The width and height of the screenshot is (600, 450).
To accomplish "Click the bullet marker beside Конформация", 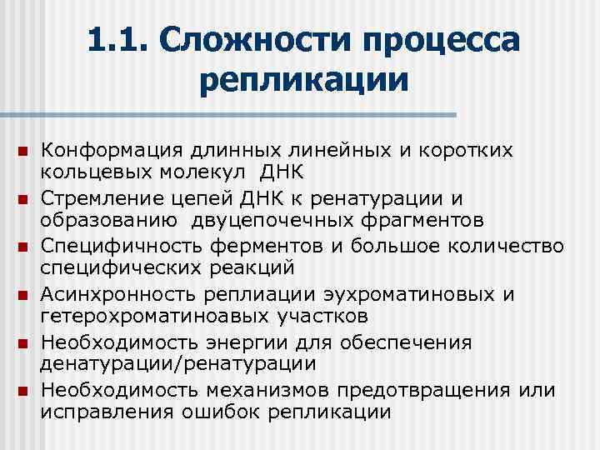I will [22, 152].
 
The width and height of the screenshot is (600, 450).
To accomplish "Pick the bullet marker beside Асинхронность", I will [22, 296].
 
